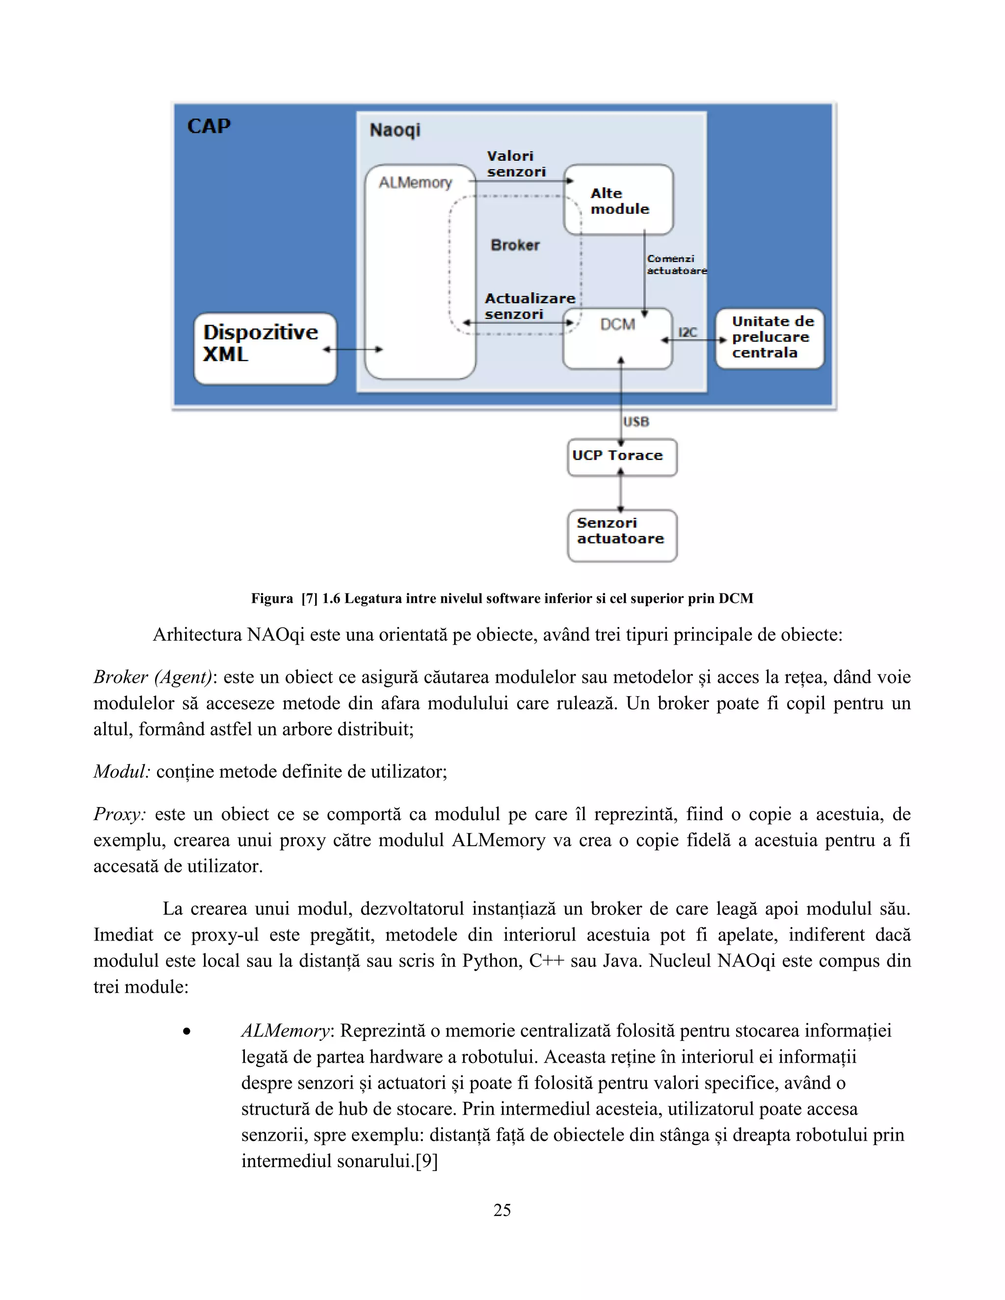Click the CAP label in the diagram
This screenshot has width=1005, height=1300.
[x=209, y=126]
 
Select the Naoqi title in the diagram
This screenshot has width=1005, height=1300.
[x=395, y=130]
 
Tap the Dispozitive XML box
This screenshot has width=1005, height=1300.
[x=265, y=348]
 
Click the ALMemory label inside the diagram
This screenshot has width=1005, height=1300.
[x=416, y=183]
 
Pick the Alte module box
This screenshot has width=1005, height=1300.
[x=619, y=201]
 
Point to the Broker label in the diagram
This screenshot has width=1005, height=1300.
[x=515, y=245]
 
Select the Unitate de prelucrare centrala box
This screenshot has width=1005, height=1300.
[x=770, y=338]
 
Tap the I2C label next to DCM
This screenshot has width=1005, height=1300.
[x=688, y=332]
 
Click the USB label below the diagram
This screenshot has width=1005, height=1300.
[x=636, y=421]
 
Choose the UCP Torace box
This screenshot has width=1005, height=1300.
[x=622, y=457]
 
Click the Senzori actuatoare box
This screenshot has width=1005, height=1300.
[x=622, y=535]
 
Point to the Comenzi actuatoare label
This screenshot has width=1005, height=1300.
[x=676, y=264]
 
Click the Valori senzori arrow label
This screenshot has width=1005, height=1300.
[x=516, y=164]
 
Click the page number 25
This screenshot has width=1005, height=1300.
[x=502, y=1210]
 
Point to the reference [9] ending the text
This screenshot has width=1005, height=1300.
[x=426, y=1161]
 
